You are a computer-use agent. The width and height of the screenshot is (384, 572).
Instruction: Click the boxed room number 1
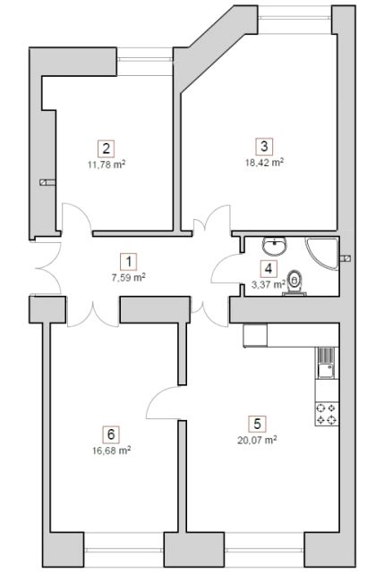pos(129,262)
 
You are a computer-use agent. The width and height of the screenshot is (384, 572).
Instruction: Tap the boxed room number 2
pos(106,148)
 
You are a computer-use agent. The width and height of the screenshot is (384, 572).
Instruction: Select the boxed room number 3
pos(264,147)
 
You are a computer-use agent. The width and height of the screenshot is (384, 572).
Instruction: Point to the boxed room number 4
pos(269,269)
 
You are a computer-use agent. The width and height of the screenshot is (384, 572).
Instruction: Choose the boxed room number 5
pos(257,424)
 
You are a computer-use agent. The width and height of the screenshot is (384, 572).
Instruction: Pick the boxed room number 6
pos(111,434)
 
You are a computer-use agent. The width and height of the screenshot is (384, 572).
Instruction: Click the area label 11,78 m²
pos(107,164)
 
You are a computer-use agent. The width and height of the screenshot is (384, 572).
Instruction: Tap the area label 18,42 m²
pos(265,163)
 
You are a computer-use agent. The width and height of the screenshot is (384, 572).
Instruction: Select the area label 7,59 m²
pos(129,278)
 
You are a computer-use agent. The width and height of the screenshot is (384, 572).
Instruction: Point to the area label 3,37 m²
pos(269,284)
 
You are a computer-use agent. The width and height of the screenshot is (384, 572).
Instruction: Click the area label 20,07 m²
pos(257,440)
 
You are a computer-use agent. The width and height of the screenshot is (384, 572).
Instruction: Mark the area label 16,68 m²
pos(111,450)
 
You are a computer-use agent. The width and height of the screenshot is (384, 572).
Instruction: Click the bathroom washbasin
pos(274,246)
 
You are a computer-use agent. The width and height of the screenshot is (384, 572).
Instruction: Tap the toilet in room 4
pos(294,282)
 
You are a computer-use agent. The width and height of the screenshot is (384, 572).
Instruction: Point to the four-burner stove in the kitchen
pos(327,414)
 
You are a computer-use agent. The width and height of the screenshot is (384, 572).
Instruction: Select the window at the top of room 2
pos(145,61)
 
